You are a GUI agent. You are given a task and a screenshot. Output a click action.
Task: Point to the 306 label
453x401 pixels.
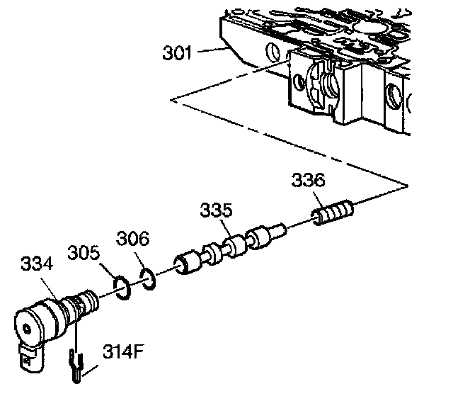(x=132, y=239)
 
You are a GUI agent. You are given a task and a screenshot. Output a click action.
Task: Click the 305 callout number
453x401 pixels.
(x=84, y=253)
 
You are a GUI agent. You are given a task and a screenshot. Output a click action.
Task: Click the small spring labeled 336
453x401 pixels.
(x=333, y=212)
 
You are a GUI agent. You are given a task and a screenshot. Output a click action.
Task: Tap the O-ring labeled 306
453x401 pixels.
(x=147, y=277)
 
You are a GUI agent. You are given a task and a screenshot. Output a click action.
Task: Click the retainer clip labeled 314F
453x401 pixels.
(x=76, y=365)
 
